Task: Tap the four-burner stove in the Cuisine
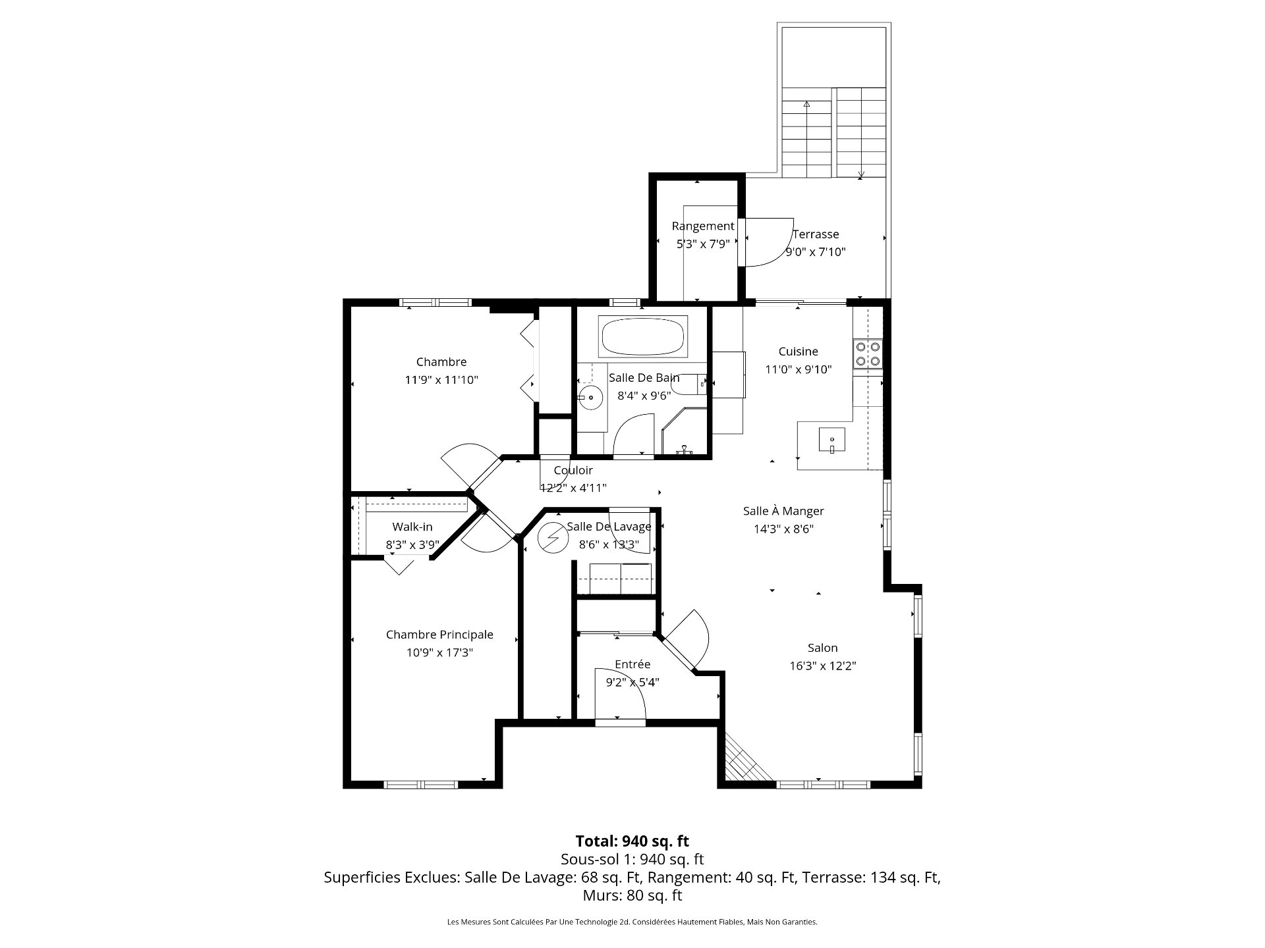point(867,353)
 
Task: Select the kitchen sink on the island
point(832,439)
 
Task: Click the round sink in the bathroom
point(591,398)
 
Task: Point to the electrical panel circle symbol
point(553,538)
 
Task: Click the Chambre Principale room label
point(439,635)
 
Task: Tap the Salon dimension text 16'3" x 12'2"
point(823,666)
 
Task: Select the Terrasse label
point(816,234)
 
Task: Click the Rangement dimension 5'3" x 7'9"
point(703,244)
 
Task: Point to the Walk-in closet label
point(412,527)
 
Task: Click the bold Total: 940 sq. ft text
point(632,841)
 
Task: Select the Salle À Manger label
point(783,511)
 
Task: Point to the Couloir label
point(573,470)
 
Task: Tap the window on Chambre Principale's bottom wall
point(421,784)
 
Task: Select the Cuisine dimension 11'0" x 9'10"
point(799,369)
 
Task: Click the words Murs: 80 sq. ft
point(632,896)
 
